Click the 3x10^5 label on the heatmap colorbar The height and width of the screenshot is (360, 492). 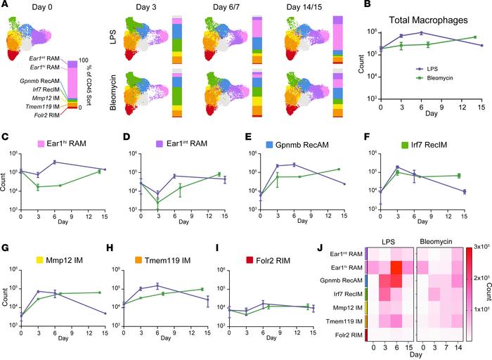coord(479,248)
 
